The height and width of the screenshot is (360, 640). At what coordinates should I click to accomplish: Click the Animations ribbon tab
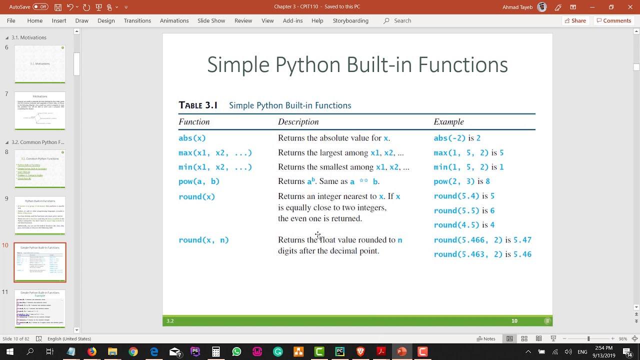click(x=174, y=20)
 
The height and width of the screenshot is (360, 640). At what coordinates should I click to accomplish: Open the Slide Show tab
click(x=211, y=20)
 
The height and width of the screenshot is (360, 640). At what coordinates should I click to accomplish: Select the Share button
click(x=575, y=20)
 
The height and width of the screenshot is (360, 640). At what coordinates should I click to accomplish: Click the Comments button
click(x=613, y=20)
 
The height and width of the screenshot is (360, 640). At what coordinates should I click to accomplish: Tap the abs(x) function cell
click(x=192, y=138)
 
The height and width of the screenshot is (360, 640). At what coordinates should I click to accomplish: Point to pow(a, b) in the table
click(x=199, y=181)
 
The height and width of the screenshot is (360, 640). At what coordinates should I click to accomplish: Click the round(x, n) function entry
click(x=203, y=240)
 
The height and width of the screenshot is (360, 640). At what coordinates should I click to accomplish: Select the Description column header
click(x=298, y=122)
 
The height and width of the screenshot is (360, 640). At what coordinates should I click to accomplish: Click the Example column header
click(x=448, y=122)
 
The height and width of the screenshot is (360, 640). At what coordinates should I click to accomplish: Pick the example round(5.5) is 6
click(x=464, y=210)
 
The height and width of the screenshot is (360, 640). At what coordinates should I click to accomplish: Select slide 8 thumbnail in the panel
click(x=40, y=168)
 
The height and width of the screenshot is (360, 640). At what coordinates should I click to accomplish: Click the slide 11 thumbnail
click(x=40, y=308)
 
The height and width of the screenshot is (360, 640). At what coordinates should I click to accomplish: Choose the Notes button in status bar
click(x=486, y=338)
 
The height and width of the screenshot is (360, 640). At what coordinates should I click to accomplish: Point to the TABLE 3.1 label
click(x=198, y=105)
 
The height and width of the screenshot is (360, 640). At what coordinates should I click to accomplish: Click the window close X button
click(x=630, y=7)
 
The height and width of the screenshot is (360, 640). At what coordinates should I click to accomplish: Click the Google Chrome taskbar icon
click(x=133, y=351)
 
